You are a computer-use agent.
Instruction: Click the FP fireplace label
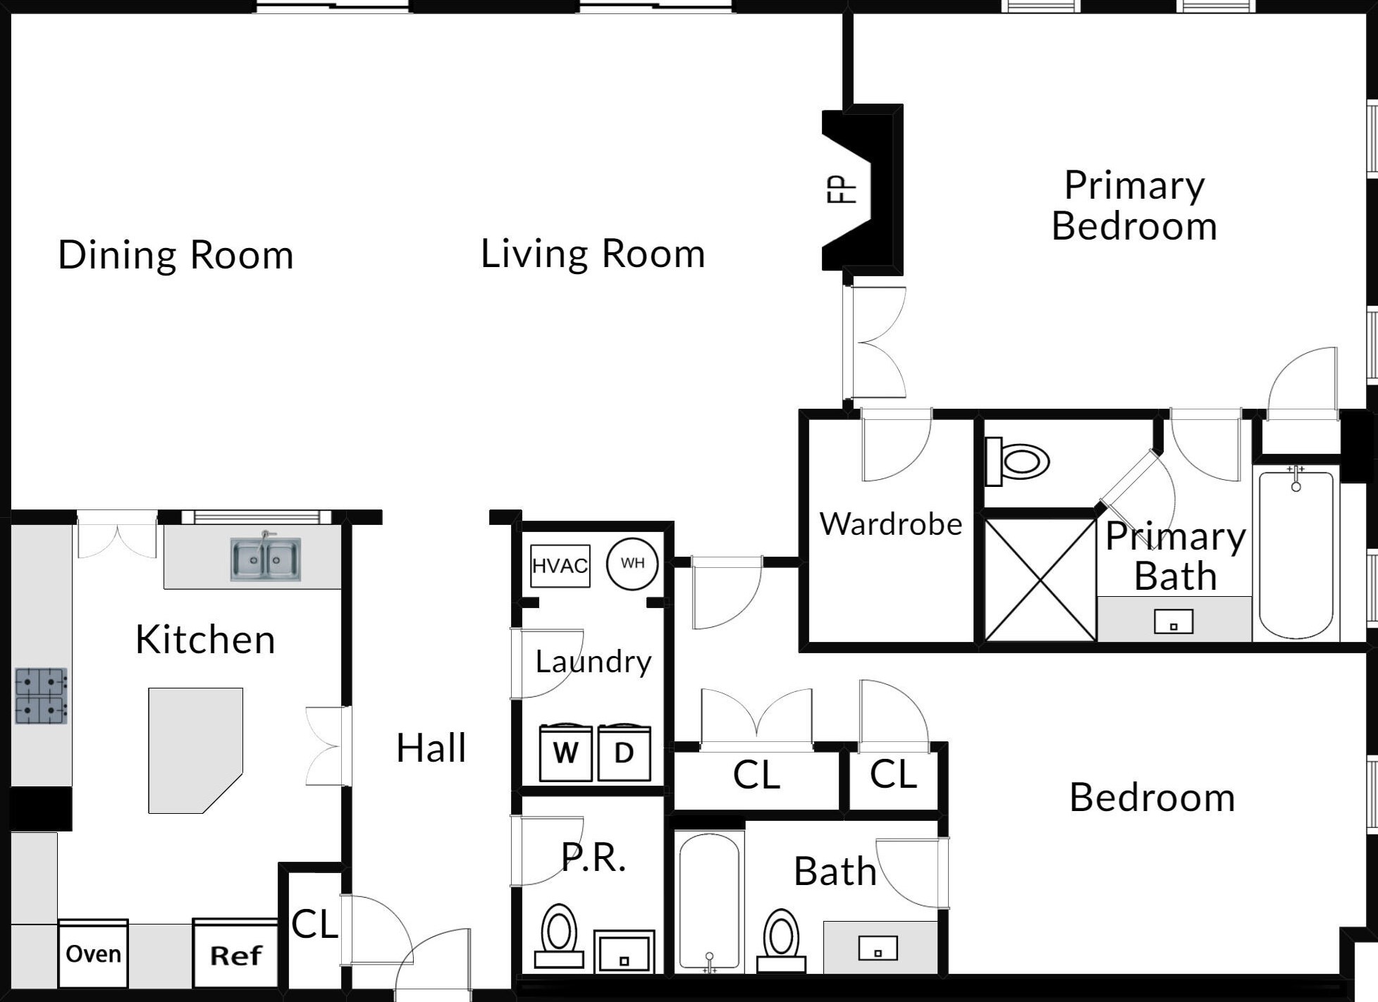[x=842, y=190]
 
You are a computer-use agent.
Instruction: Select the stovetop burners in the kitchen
[x=41, y=696]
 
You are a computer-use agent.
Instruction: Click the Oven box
[x=93, y=953]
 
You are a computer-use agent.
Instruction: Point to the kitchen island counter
[x=195, y=750]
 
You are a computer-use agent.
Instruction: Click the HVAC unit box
[x=560, y=566]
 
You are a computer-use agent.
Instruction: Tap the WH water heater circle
[x=633, y=563]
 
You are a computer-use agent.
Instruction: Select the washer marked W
[x=566, y=753]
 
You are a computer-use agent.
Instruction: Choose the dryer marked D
[x=625, y=753]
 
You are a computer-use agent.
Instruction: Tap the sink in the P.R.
[x=624, y=951]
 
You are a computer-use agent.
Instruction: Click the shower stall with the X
[x=1040, y=580]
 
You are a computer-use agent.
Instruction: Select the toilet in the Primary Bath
[x=1018, y=462]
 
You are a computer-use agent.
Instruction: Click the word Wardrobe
[x=891, y=524]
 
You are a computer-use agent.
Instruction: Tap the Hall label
[x=431, y=748]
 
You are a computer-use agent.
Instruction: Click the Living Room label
[x=593, y=254]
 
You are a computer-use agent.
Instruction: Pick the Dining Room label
[x=176, y=255]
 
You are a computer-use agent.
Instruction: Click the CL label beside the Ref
[x=314, y=924]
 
